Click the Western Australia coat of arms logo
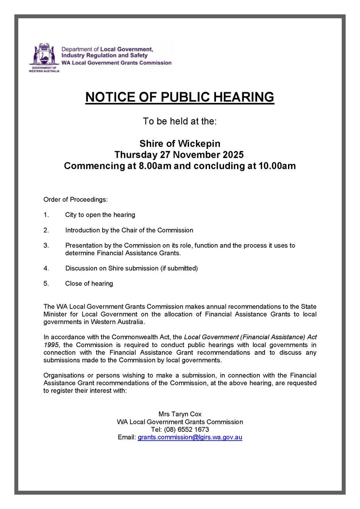coord(44,56)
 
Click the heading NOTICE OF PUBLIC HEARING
coord(180,97)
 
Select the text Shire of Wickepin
coord(180,144)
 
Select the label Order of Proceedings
coord(76,199)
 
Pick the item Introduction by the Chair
coord(129,230)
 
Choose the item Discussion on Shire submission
coord(131,268)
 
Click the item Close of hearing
coord(89,284)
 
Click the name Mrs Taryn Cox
coord(180,414)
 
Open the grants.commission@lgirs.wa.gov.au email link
coord(190,437)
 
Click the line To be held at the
coord(180,121)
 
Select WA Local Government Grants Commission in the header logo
coord(116,63)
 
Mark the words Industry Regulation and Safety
coord(104,56)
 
